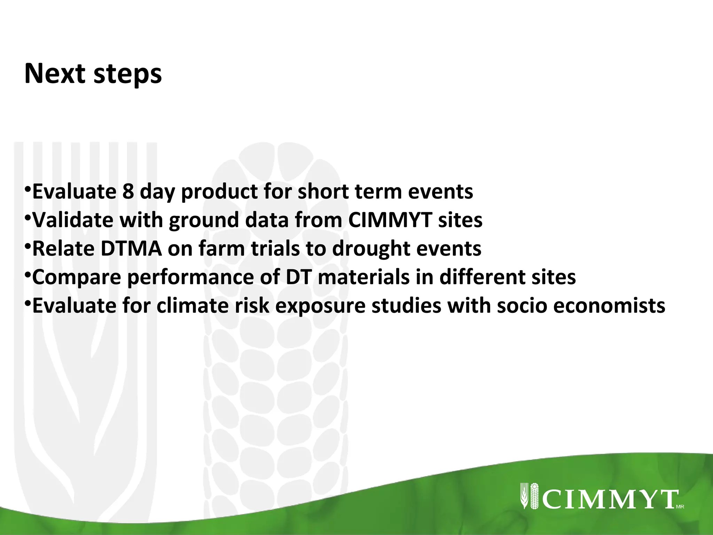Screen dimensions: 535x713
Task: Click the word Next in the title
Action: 55,73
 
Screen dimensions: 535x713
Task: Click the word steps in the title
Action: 127,75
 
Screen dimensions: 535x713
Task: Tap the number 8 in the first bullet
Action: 128,192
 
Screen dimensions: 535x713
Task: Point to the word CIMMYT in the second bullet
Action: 390,220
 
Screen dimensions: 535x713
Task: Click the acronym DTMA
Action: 131,249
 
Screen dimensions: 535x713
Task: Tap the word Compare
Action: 76,278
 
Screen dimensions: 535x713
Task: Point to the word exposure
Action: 320,307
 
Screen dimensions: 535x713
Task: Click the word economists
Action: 609,306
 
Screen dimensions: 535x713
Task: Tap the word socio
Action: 522,306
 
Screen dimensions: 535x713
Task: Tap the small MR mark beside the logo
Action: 680,507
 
